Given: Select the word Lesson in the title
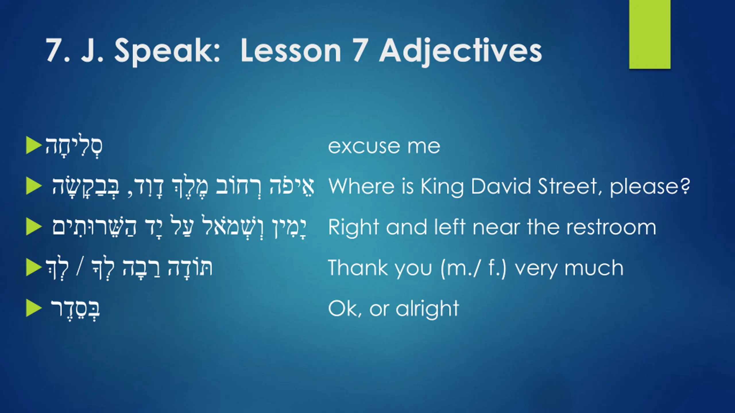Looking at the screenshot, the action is point(291,51).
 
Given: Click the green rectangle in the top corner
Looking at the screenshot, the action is point(650,34).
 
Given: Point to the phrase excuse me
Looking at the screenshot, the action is point(384,147).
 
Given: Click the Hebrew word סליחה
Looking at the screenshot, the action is point(74,146).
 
